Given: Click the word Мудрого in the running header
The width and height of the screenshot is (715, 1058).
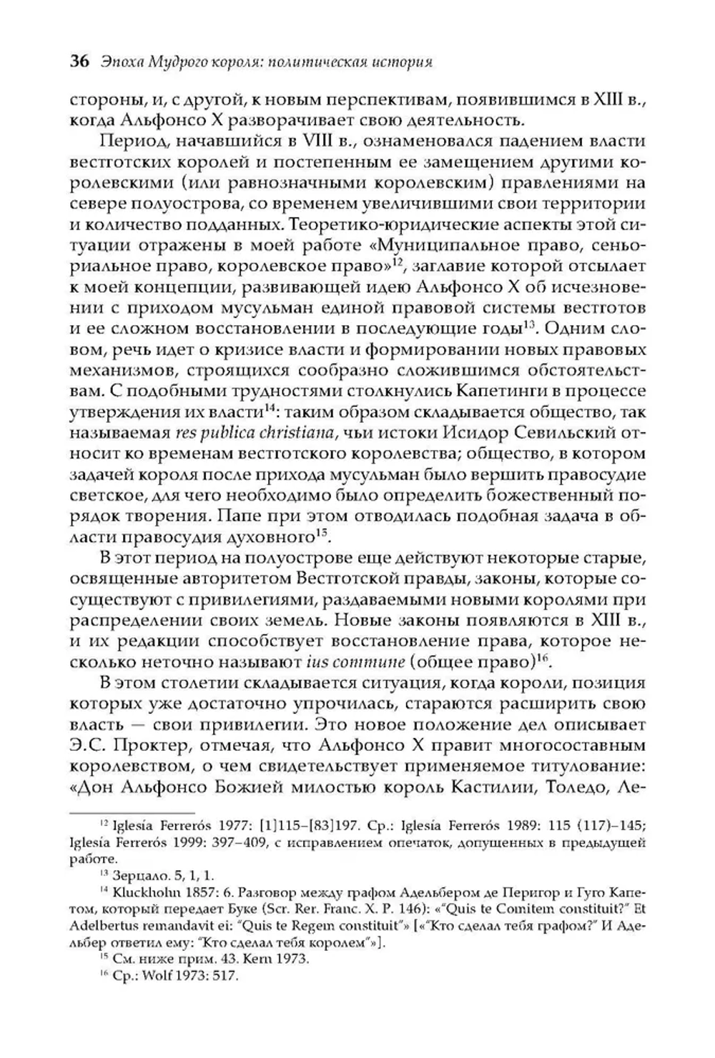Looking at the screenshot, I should coord(179,62).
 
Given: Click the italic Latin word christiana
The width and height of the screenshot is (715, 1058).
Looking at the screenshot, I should coord(293,433).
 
